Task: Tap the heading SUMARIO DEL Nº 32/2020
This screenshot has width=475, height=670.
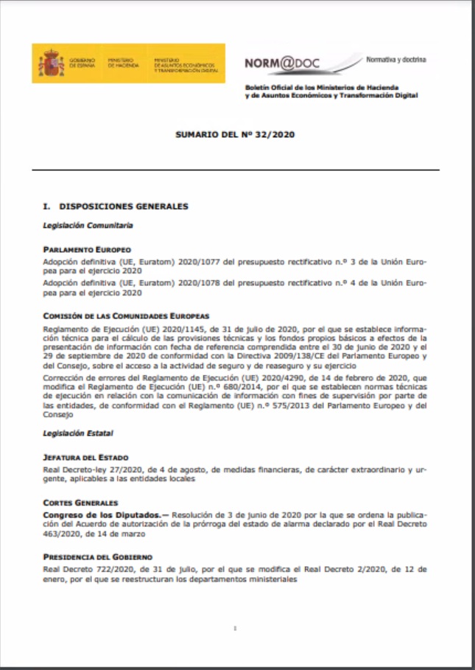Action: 236,136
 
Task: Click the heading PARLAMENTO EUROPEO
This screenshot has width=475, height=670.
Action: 87,250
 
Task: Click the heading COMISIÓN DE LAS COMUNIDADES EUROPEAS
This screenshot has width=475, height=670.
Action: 127,315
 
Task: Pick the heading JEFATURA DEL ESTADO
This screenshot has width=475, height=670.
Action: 85,458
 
